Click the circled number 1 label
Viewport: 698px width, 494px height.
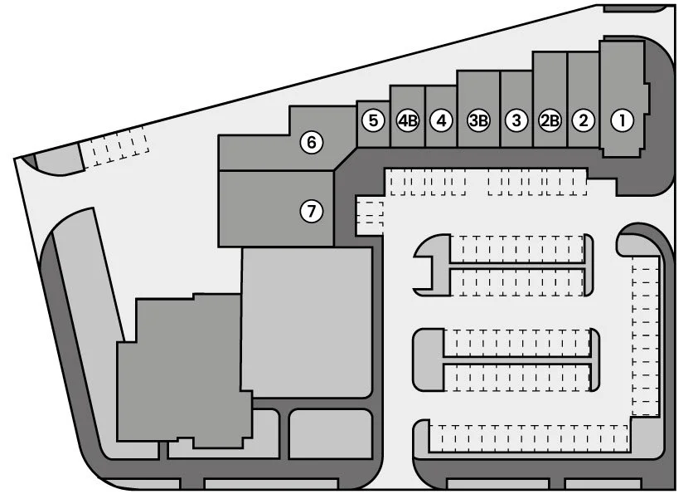click(622, 120)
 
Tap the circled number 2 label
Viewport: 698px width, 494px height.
click(584, 120)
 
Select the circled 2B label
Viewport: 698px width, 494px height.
click(550, 120)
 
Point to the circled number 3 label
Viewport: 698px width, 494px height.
click(516, 120)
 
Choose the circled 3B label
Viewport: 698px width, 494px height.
click(478, 120)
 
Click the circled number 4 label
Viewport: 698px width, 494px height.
click(442, 120)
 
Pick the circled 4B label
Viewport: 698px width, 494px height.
click(407, 120)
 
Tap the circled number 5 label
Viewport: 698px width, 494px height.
click(373, 120)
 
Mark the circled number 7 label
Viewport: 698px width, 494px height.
click(311, 211)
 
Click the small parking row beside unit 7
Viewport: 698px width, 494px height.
click(370, 214)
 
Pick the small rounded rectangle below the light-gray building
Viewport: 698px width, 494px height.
click(330, 433)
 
